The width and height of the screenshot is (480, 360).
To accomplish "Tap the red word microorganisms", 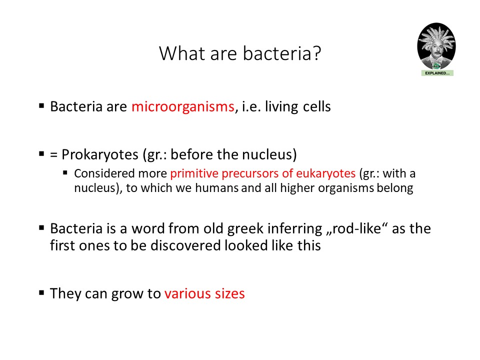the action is (x=183, y=107).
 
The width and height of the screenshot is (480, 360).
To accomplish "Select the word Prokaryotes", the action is (x=100, y=155).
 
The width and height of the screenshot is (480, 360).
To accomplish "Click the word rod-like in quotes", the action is (x=356, y=228).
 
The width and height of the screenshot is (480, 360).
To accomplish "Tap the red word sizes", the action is (x=229, y=293).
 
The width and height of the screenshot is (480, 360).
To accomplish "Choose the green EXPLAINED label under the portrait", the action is (x=437, y=73).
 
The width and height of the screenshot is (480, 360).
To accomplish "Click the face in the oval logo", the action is (x=436, y=51).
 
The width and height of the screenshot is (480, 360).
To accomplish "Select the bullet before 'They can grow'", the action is (x=41, y=292).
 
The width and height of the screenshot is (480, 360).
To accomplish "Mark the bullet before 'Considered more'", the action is (x=65, y=172).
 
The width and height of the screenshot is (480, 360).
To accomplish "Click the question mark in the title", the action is (x=316, y=53).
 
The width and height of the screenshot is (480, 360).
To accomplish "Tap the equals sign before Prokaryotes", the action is (x=54, y=155).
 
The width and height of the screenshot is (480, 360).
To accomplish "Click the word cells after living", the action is (x=317, y=106).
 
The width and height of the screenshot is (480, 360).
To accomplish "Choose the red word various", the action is (x=187, y=293).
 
